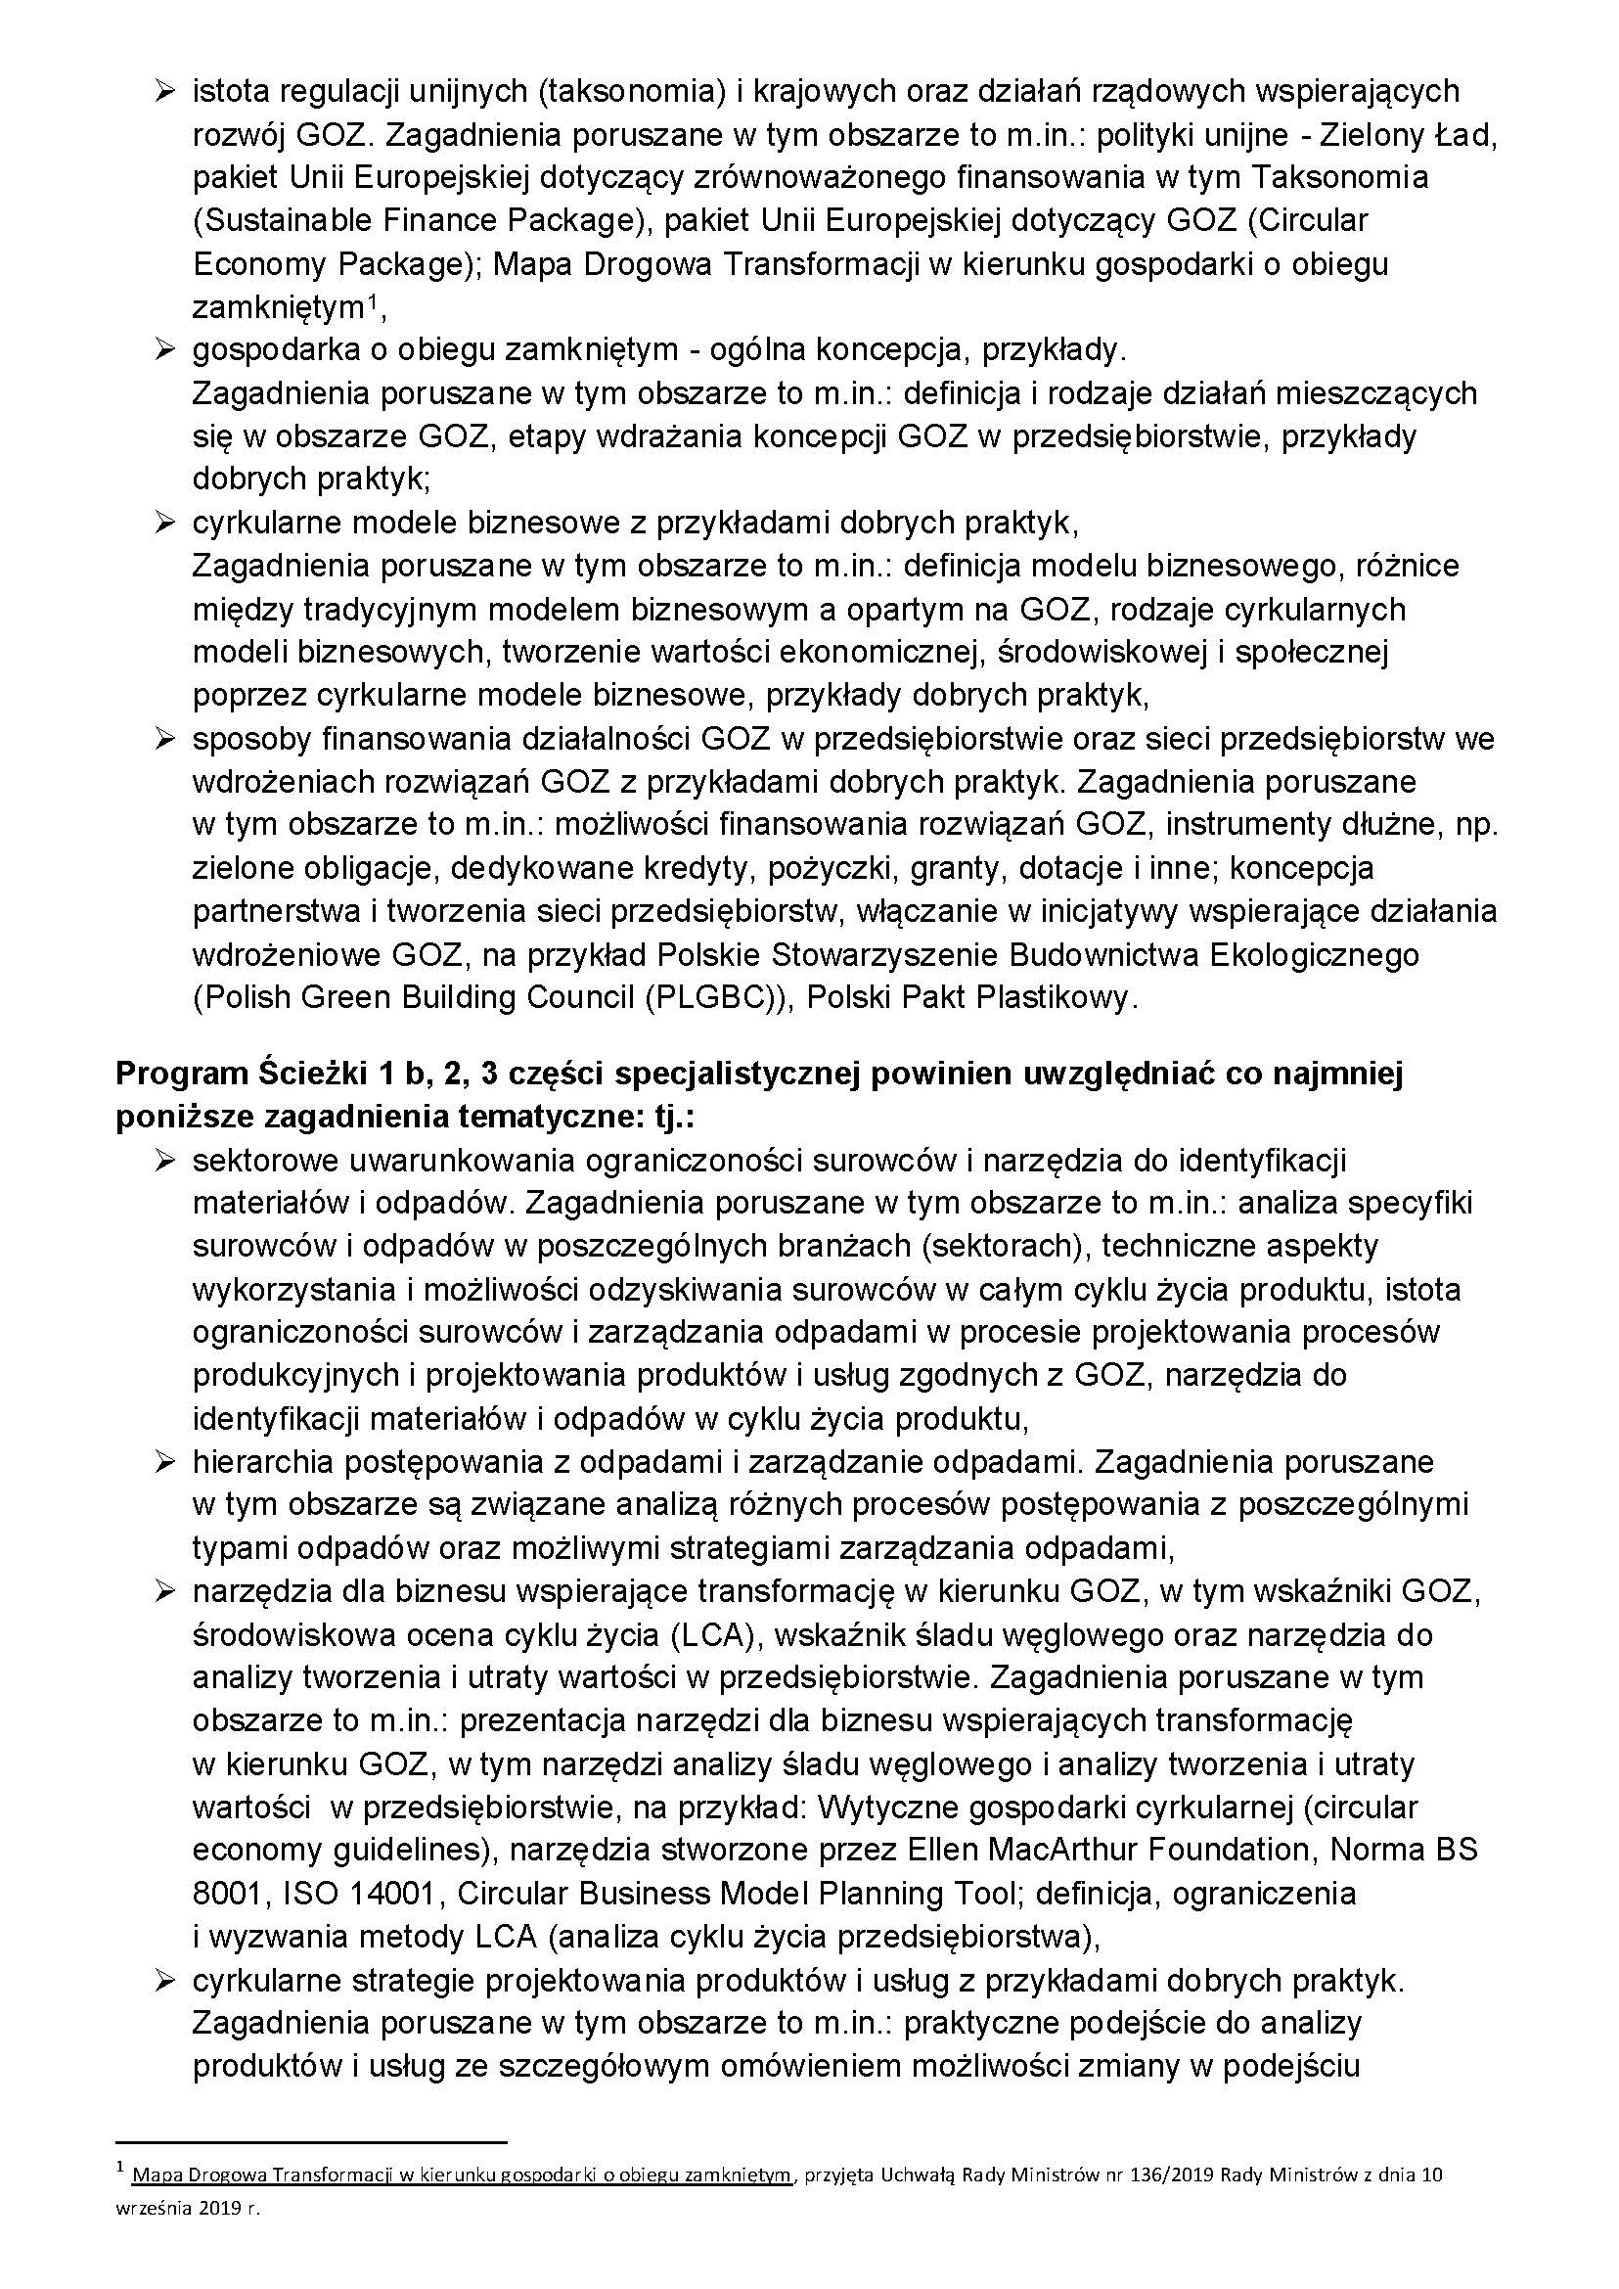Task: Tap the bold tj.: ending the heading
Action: point(667,1117)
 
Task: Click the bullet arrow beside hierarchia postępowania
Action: point(163,1462)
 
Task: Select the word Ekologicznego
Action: point(1313,955)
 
